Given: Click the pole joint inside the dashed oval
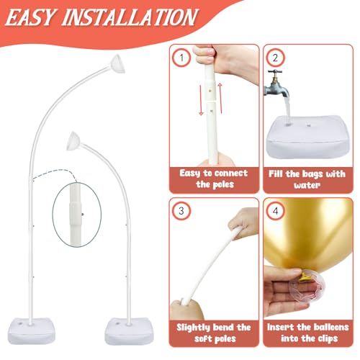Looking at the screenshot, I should [x=76, y=215].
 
